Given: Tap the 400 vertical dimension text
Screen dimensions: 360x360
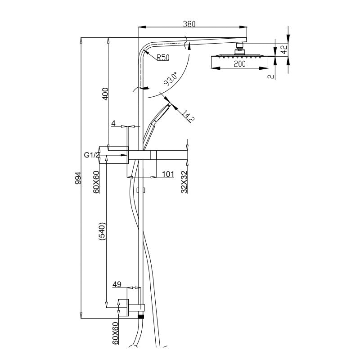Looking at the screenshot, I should [x=105, y=93].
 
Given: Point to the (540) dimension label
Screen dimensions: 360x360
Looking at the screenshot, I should [x=102, y=232].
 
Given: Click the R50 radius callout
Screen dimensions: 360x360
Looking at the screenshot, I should [x=163, y=57].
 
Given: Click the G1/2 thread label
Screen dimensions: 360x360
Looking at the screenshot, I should [x=91, y=155].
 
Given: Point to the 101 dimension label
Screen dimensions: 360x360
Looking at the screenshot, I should [x=167, y=174].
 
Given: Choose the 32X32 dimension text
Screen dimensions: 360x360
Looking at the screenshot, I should [x=184, y=181].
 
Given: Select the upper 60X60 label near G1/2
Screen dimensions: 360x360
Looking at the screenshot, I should [x=96, y=181].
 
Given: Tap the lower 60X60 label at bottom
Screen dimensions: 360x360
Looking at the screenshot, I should [x=115, y=333].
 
